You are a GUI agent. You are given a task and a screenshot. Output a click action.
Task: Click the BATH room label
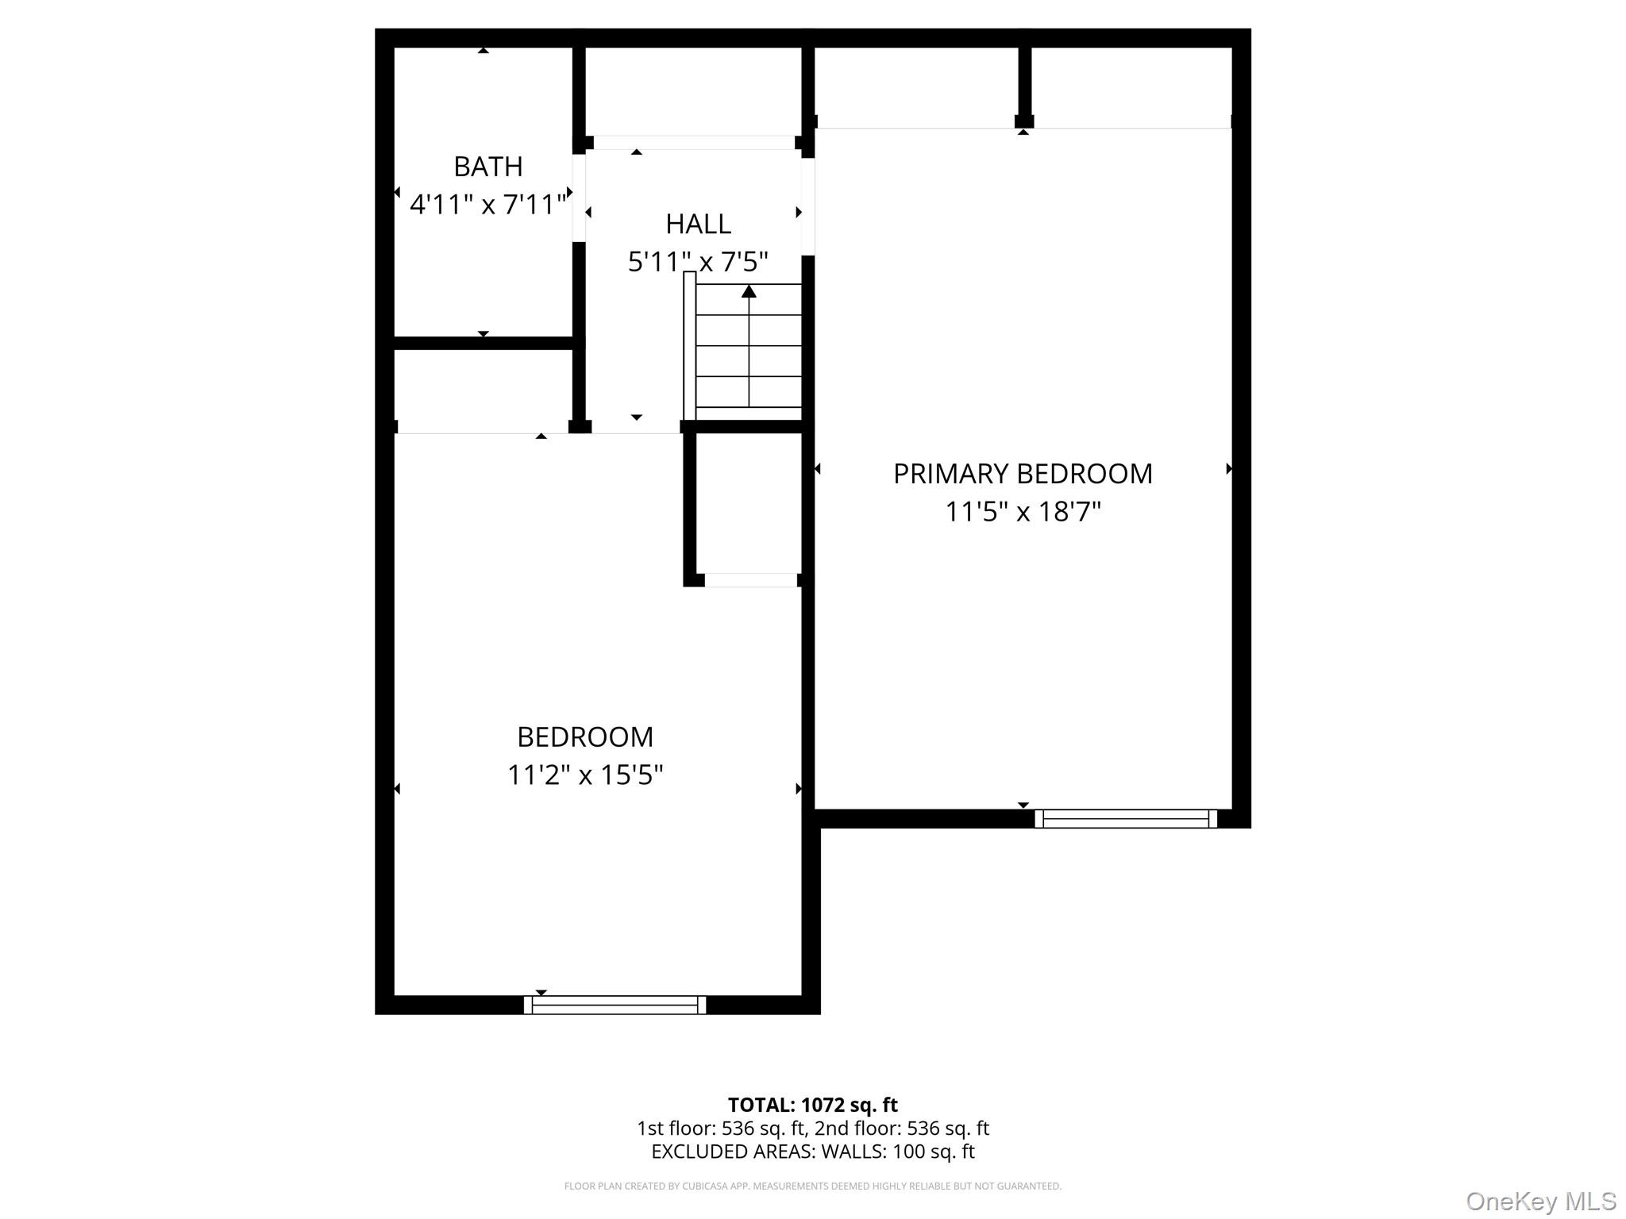[487, 167]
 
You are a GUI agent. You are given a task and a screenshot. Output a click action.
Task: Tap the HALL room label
[698, 225]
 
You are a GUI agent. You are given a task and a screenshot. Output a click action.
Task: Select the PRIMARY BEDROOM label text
[1023, 474]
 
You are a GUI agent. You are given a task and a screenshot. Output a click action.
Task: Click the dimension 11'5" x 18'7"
[1023, 512]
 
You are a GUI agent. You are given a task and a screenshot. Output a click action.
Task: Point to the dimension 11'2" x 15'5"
[585, 775]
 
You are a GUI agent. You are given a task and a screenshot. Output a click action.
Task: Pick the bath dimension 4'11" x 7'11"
[487, 205]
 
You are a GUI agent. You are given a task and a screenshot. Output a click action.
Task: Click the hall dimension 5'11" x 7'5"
[698, 262]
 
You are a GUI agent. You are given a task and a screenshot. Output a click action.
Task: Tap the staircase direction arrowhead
[749, 291]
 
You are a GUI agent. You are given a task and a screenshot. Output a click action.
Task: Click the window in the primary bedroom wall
[1126, 818]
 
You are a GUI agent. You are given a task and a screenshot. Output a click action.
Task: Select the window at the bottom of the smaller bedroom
[615, 1005]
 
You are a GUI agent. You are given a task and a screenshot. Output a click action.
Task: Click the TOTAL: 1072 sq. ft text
[812, 1105]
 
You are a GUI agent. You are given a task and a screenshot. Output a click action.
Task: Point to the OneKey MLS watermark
[1540, 1201]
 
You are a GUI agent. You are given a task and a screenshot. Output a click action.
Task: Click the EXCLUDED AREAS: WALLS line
[812, 1152]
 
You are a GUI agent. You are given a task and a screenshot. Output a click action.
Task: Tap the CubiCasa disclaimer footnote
[812, 1186]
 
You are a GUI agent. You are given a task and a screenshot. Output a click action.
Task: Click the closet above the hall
[693, 91]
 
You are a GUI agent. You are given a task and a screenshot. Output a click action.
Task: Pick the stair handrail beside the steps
[689, 346]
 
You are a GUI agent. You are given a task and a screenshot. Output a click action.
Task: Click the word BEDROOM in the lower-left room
[585, 737]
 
